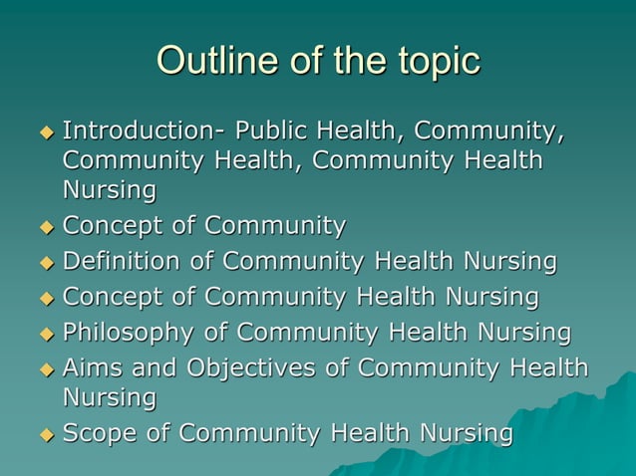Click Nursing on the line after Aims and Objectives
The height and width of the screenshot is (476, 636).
coord(110,398)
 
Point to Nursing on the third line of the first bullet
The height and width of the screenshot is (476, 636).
coord(110,189)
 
